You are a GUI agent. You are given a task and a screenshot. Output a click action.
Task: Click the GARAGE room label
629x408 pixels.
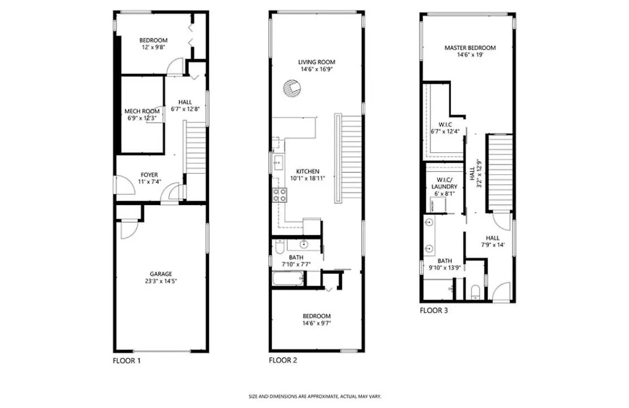[161, 274]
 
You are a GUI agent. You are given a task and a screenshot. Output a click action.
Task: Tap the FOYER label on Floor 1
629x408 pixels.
[149, 175]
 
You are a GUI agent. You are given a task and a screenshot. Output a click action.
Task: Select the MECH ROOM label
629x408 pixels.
[142, 111]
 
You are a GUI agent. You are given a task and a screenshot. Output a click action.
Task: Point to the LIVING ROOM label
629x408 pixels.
[316, 62]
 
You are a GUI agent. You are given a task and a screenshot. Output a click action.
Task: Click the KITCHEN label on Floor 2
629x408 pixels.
[308, 171]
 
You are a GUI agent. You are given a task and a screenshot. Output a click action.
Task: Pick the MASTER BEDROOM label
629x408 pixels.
[470, 48]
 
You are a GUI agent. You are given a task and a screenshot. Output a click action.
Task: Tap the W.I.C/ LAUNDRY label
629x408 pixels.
[444, 183]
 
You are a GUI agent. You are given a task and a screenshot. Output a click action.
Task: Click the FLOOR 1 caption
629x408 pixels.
[127, 361]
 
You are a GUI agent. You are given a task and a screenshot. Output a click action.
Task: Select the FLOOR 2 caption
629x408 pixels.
[283, 360]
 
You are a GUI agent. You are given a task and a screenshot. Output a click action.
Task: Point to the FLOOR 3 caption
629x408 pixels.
[434, 311]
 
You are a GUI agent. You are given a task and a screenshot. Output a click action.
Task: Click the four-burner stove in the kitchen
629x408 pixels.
[280, 195]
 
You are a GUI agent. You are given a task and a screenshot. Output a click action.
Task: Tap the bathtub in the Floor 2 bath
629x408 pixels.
[288, 279]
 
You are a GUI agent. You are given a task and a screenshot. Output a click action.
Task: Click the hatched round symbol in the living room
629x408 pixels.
[291, 88]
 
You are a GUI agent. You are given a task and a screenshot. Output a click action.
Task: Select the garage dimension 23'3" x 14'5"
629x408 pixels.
[161, 281]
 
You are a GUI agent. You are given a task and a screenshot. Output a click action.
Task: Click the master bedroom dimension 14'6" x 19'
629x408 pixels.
[470, 55]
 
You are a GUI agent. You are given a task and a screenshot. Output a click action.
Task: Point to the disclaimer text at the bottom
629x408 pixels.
[314, 397]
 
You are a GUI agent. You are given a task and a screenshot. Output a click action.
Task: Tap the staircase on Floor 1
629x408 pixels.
[195, 147]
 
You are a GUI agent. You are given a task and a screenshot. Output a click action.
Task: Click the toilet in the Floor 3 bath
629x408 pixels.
[475, 293]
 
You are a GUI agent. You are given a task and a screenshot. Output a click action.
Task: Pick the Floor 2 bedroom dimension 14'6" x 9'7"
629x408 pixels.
[316, 323]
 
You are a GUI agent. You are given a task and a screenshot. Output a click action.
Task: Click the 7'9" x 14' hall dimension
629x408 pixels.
[493, 245]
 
